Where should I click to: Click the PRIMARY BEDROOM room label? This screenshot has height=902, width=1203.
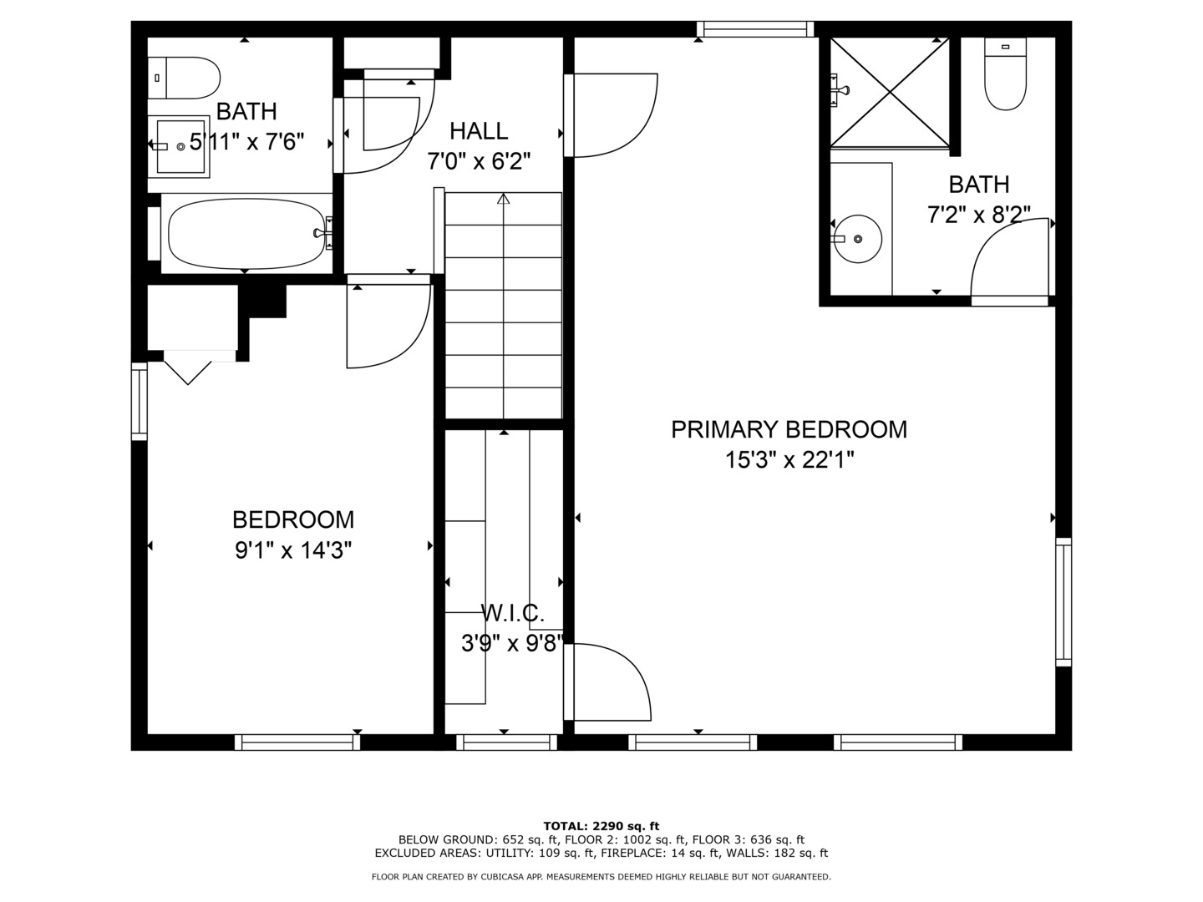[x=789, y=430]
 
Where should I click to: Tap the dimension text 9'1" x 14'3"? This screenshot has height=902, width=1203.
[x=293, y=550]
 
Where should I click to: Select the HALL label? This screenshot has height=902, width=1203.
[x=479, y=131]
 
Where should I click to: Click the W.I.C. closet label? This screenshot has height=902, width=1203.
[x=512, y=613]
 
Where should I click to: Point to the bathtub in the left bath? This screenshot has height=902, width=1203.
[x=246, y=233]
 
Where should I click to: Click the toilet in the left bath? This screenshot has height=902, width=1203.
[x=184, y=78]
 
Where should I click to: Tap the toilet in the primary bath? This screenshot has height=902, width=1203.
[x=1005, y=74]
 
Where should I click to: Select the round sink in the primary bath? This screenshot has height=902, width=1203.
[x=858, y=239]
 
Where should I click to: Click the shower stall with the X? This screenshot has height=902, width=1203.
[x=890, y=93]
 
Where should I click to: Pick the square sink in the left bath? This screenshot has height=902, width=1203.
[x=180, y=147]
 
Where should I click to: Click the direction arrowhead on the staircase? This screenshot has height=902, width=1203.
[x=503, y=198]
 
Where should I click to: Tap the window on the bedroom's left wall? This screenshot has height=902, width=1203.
[x=140, y=402]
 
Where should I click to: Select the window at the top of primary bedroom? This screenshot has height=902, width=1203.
[x=755, y=29]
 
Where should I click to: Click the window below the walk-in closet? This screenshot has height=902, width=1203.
[x=506, y=742]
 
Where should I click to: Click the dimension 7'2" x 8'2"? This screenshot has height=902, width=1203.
[x=979, y=215]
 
